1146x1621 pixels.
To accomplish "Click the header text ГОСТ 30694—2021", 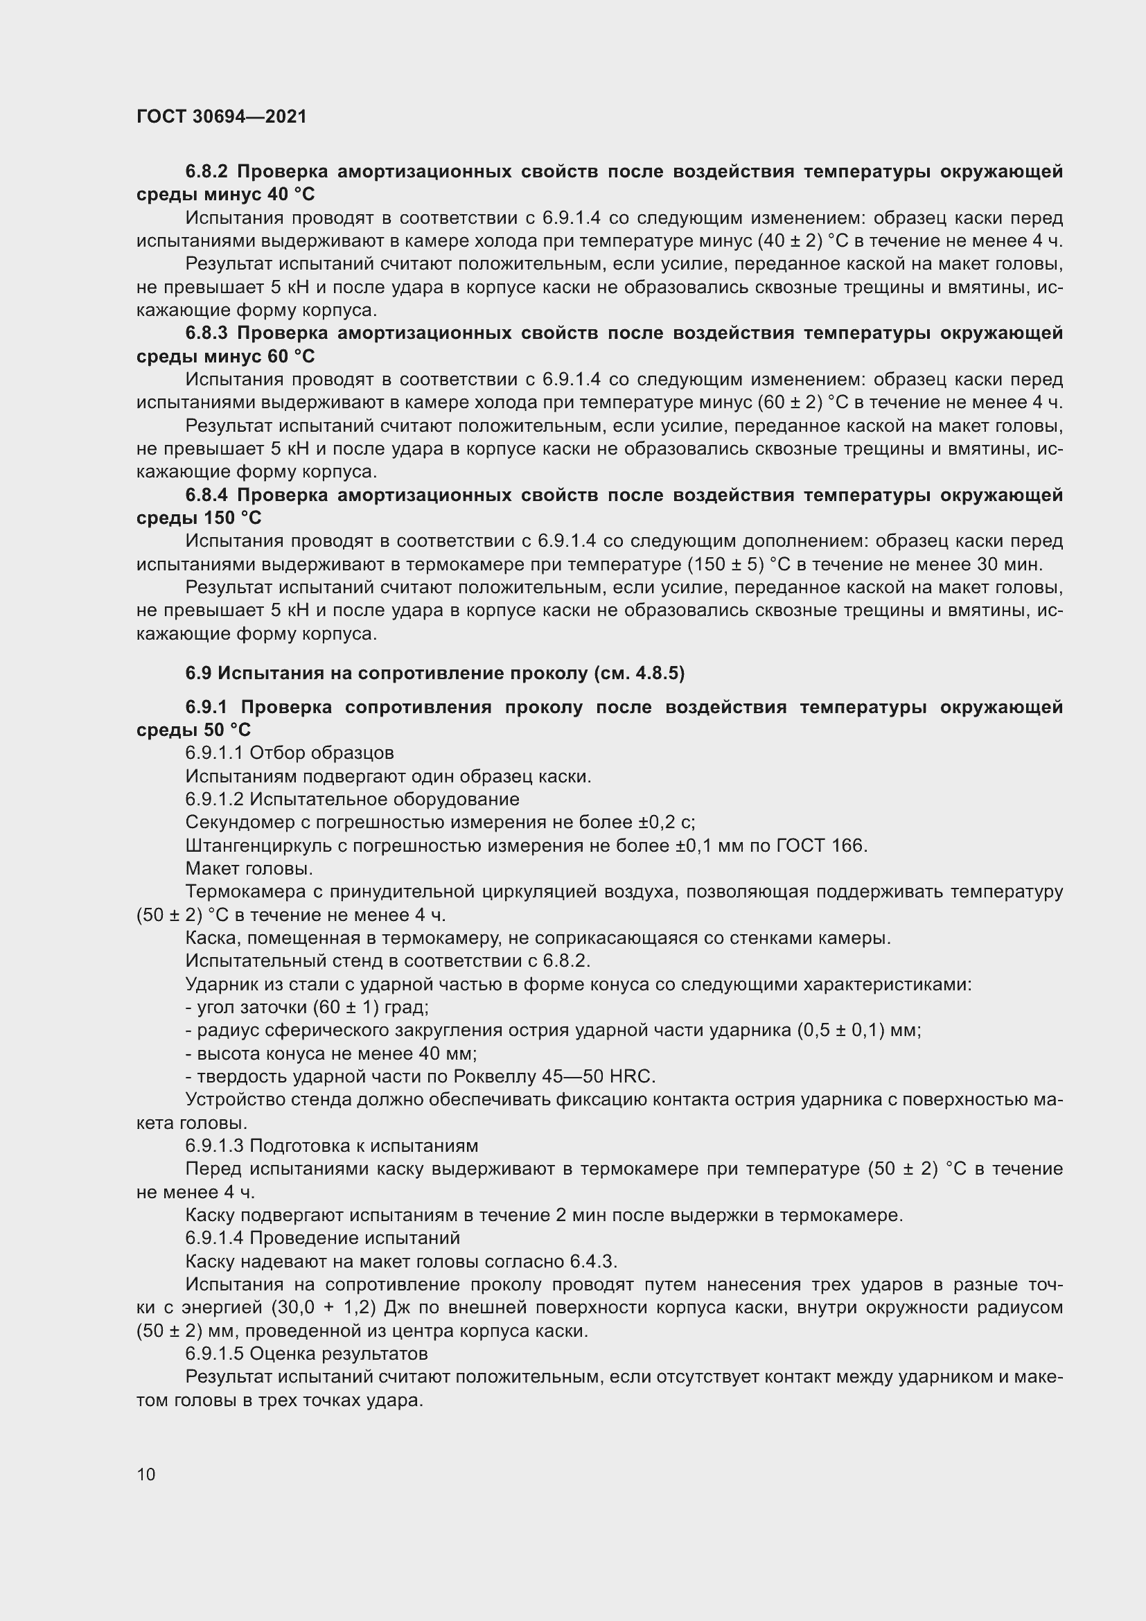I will tap(222, 117).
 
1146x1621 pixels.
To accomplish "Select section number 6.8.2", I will tap(207, 172).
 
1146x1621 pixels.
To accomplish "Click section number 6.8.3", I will tap(207, 333).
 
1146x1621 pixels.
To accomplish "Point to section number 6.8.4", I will tap(207, 495).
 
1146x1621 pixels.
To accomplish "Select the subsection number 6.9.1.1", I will tap(215, 753).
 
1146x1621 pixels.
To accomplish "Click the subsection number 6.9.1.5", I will tap(215, 1353).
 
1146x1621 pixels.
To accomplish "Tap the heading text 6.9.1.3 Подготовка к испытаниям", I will tap(332, 1145).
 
